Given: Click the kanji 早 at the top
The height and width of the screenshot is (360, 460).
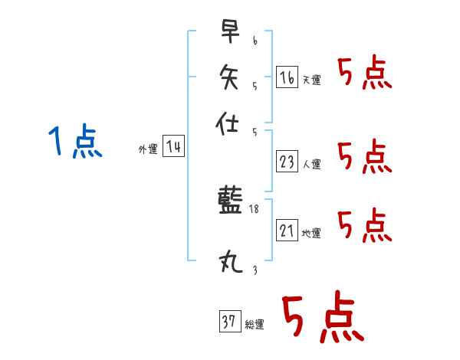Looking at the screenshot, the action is (230, 31).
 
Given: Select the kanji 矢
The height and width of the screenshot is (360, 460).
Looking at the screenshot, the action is (229, 77).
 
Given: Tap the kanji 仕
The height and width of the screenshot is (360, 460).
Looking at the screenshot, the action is (227, 123).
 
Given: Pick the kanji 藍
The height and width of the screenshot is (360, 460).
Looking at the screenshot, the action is (230, 199).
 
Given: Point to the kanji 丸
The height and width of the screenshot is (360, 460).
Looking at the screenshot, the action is (231, 261).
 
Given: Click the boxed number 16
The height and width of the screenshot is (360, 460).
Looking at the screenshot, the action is (287, 77).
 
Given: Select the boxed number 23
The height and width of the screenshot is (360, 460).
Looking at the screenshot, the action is (287, 162).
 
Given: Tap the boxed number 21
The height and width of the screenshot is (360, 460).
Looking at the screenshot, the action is (287, 230).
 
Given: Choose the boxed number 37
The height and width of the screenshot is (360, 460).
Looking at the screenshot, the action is (230, 321).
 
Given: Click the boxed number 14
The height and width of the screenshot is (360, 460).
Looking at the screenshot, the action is (174, 146).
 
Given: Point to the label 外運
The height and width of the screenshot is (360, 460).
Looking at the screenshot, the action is (148, 149).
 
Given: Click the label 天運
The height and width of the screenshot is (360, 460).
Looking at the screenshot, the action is (312, 80).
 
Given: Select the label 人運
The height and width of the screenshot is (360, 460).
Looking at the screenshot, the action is (312, 164).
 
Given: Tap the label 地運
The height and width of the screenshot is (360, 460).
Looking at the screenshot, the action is (311, 233).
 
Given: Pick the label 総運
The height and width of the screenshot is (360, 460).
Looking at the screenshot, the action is (255, 324).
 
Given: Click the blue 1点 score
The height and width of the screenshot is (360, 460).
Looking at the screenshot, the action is (75, 141).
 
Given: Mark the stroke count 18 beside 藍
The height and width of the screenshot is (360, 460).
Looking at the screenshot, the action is (254, 209).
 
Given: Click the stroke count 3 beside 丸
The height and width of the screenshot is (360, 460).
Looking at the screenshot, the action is (255, 270).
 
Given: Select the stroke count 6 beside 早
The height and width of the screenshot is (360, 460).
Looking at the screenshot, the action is (255, 41).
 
